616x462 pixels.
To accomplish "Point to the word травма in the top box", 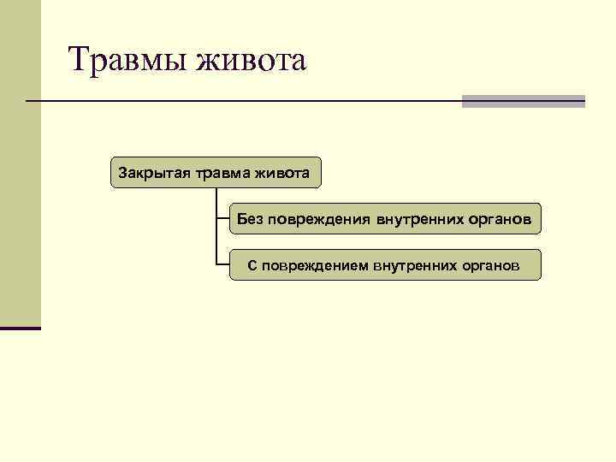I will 222,173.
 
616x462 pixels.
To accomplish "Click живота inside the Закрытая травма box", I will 281,173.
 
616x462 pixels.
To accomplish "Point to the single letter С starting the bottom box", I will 252,265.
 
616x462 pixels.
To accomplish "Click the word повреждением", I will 316,265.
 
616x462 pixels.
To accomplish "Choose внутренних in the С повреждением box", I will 413,265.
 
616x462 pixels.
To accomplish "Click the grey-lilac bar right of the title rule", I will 523,101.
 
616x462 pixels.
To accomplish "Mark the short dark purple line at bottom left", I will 21,328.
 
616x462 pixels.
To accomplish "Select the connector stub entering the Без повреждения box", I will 222,219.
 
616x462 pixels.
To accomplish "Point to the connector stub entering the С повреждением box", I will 222,264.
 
